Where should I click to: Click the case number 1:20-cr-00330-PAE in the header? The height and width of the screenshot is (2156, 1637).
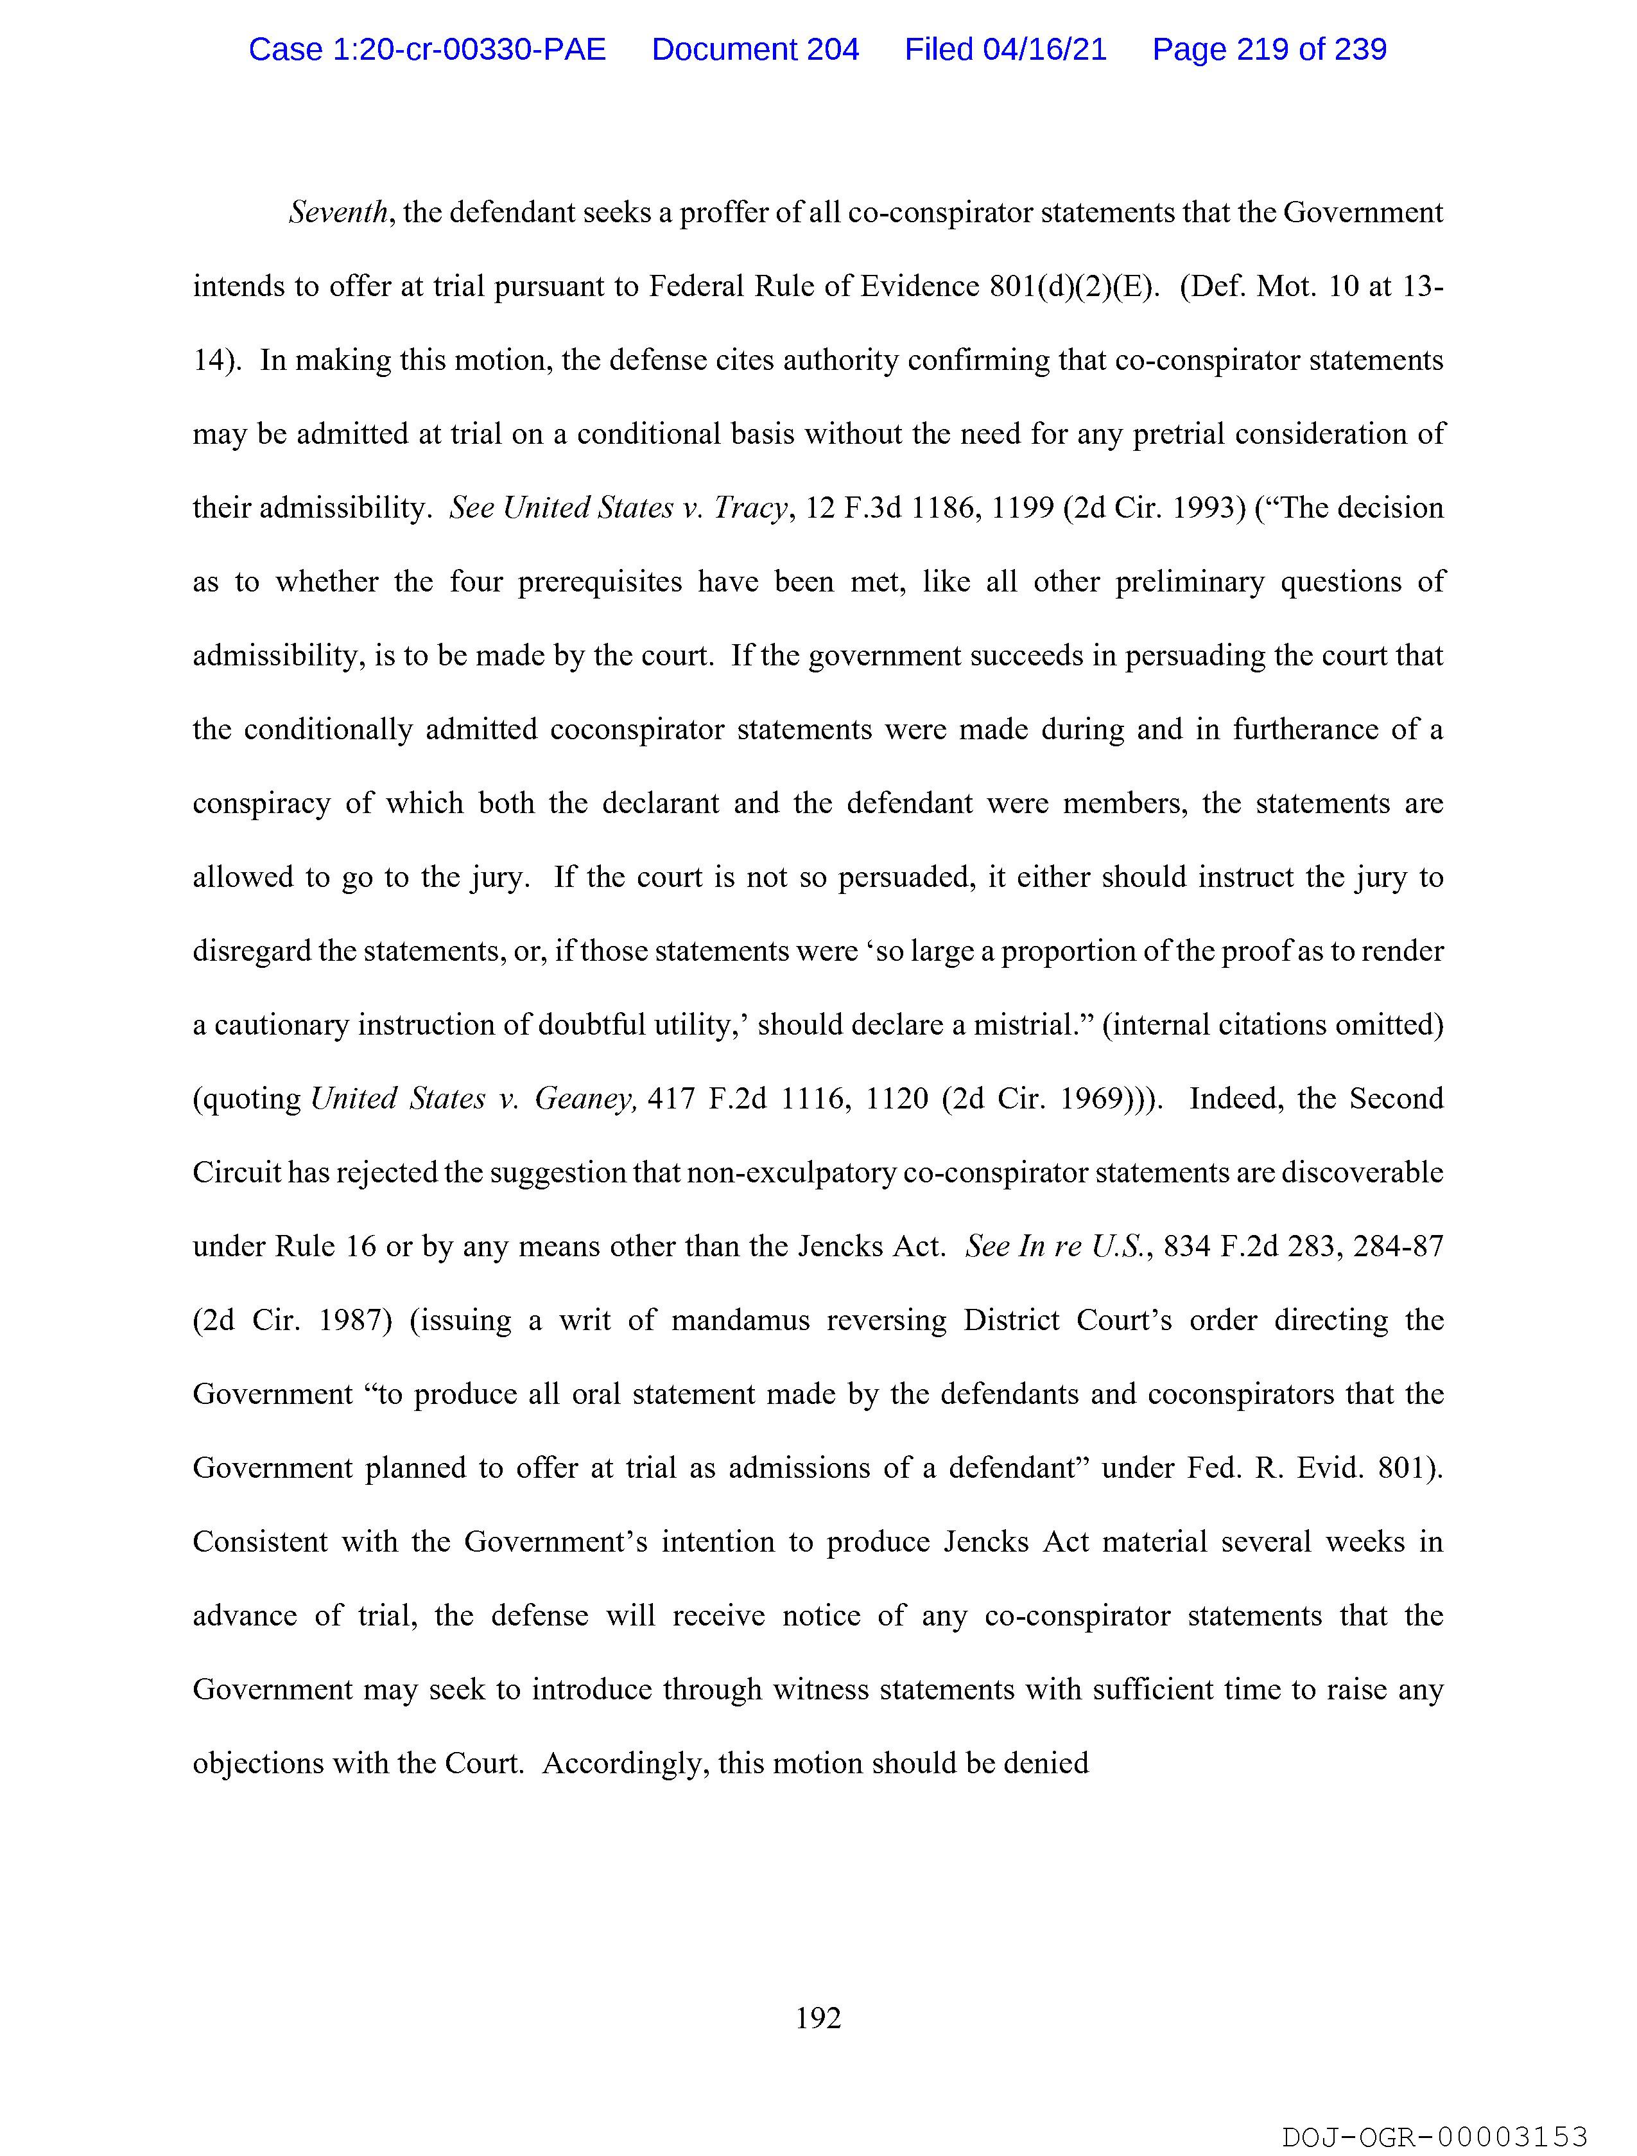point(427,49)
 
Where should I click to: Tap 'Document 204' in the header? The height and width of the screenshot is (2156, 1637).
point(755,49)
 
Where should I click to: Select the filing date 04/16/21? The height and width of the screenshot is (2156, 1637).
point(1044,49)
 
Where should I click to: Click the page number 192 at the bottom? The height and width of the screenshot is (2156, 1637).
point(817,2017)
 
